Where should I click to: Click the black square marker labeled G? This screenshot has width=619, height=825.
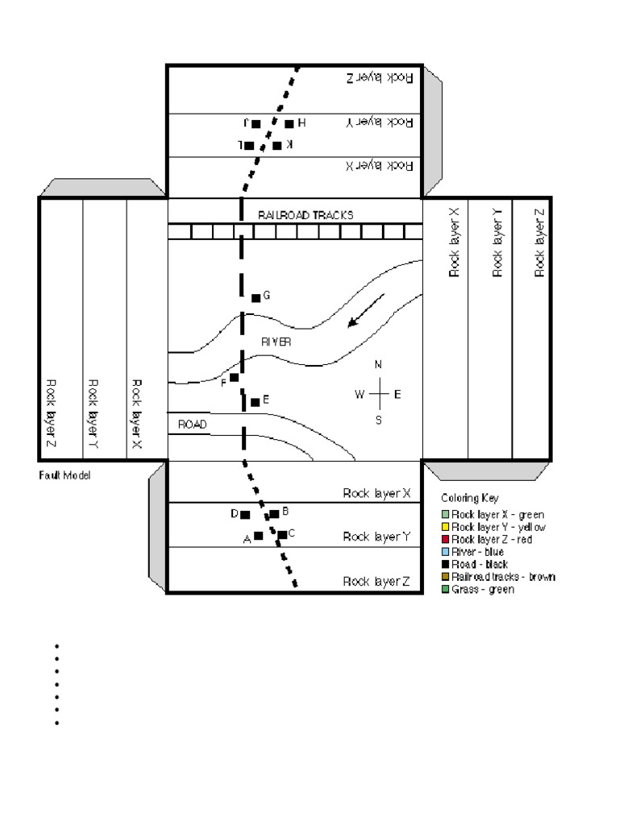tap(256, 298)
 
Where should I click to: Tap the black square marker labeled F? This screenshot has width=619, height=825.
tap(235, 377)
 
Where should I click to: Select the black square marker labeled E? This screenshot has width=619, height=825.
tap(255, 402)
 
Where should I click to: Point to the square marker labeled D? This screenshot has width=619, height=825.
tap(245, 514)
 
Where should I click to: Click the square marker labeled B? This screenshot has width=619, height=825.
tap(274, 513)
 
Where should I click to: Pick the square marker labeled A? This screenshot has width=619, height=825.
tap(259, 536)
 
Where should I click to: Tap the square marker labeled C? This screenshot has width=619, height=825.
tap(282, 534)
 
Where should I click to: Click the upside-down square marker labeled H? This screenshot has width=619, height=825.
tap(289, 124)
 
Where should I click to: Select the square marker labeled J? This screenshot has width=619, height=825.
tap(256, 124)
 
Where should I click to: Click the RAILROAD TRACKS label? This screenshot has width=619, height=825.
tap(305, 215)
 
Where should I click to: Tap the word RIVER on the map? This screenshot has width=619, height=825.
tap(276, 342)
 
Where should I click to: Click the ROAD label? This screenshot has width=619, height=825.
tap(192, 424)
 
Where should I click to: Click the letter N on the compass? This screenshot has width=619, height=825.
tap(379, 365)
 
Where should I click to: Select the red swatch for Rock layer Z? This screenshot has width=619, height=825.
tap(446, 539)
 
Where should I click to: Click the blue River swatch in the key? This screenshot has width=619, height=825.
tap(446, 552)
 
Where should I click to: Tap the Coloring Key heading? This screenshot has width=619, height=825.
tap(470, 498)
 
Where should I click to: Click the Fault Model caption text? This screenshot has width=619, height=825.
tap(65, 476)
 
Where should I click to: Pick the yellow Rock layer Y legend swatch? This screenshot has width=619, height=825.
tap(446, 527)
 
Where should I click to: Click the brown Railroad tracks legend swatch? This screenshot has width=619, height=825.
tap(446, 577)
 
